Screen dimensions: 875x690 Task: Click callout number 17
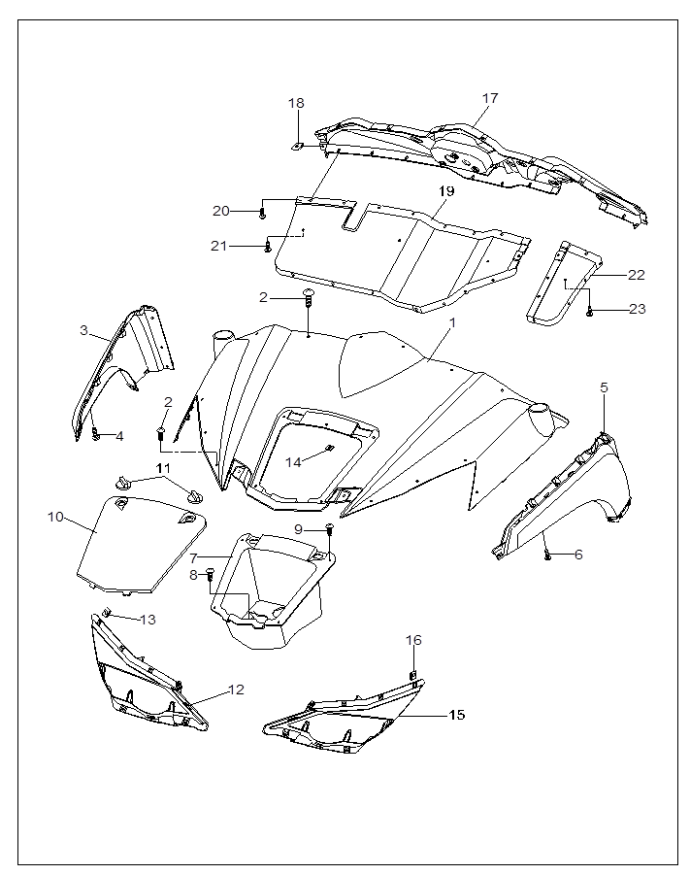pos(490,98)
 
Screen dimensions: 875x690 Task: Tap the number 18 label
pos(296,103)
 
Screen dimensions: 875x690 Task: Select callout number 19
pos(445,191)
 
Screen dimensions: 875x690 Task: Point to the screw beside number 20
pos(262,211)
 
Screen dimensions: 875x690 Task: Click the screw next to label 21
pos(266,248)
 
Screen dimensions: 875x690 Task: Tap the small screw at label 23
pos(590,312)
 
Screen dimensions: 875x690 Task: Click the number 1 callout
pos(451,322)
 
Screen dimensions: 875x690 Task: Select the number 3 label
pos(84,331)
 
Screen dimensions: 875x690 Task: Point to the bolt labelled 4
pos(96,435)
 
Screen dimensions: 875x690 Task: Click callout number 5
pos(604,387)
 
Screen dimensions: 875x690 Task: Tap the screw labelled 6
pos(547,555)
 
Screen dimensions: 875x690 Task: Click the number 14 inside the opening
pos(294,462)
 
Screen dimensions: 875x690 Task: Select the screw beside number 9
pos(330,528)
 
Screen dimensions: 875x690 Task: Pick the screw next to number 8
pos(210,576)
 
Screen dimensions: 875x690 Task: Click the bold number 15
pos(455,715)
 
